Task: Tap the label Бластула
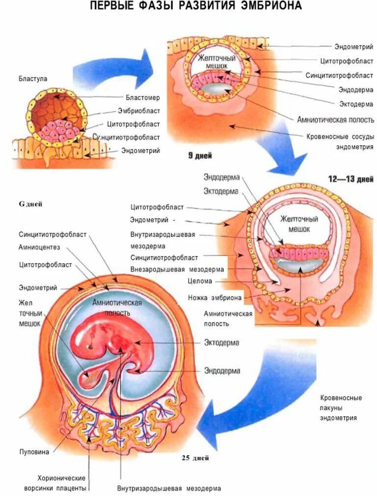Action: tap(33, 78)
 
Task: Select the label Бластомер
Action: tap(142, 98)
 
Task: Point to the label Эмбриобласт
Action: tap(139, 111)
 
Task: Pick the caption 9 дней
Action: tap(201, 156)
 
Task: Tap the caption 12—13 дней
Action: tap(350, 179)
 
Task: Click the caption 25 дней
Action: tap(195, 458)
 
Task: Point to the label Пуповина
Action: tap(34, 452)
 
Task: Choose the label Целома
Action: tap(200, 281)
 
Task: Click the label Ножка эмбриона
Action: tap(215, 297)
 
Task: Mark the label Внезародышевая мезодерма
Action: tap(177, 269)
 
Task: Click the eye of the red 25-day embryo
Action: tap(90, 346)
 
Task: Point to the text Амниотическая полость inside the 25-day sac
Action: tap(117, 308)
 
